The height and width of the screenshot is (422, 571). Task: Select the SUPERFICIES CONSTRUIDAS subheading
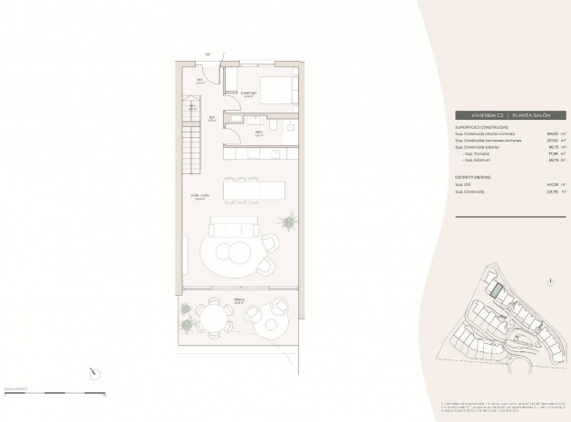[483, 128]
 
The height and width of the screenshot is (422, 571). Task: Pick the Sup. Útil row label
[463, 184]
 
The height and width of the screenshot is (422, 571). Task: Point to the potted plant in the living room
[289, 221]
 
